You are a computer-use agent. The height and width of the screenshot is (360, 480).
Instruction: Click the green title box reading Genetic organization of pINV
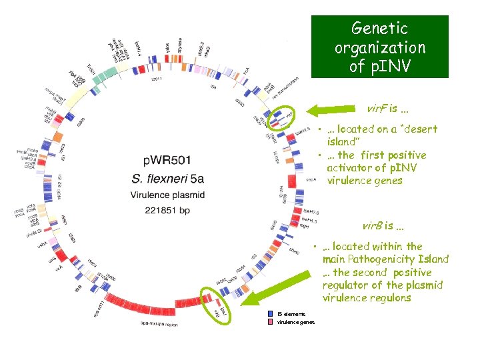click(x=379, y=47)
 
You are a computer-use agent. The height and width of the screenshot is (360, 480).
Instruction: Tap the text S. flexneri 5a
click(x=167, y=179)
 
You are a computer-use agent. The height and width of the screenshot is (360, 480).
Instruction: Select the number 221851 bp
click(x=167, y=211)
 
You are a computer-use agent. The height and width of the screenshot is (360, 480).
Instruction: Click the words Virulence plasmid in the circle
click(x=167, y=195)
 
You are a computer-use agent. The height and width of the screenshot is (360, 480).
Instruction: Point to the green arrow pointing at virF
click(x=337, y=108)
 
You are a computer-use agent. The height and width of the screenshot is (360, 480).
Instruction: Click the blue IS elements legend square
click(x=270, y=313)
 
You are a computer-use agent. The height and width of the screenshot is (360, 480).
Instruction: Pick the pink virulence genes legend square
click(x=270, y=322)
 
